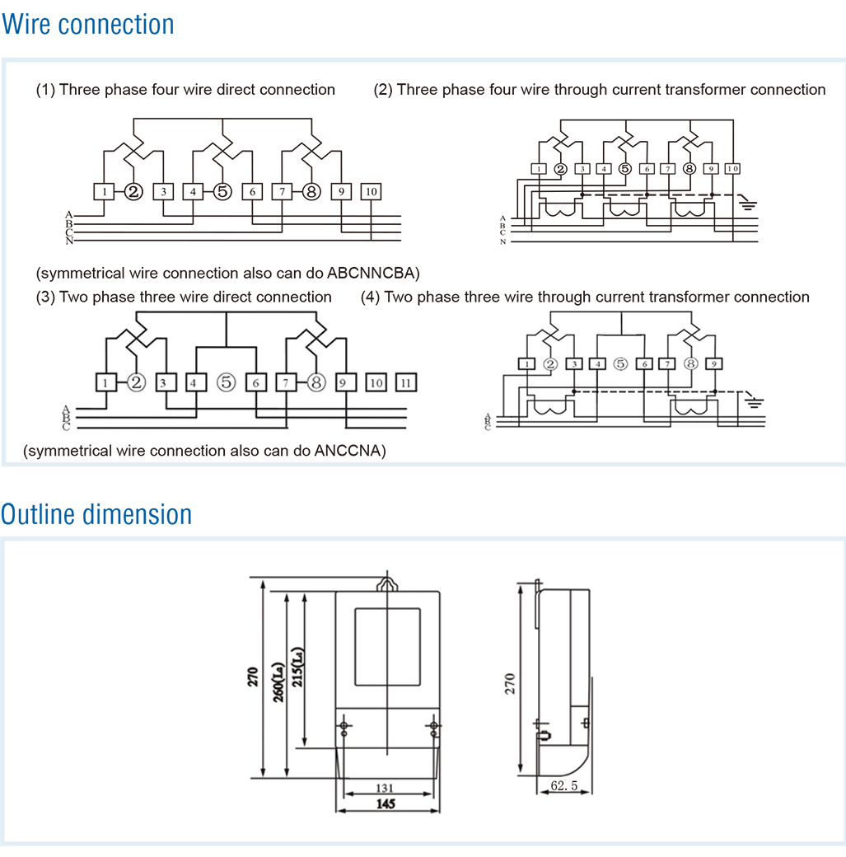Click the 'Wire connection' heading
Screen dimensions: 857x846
pos(88,25)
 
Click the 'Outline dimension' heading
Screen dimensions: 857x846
pos(96,514)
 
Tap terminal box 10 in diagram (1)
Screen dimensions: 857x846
pos(371,192)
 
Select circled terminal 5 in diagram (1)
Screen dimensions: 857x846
pos(222,192)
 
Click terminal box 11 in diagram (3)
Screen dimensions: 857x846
pos(405,382)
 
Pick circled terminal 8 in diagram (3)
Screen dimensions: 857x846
pos(315,382)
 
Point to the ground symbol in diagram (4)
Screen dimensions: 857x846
pos(754,403)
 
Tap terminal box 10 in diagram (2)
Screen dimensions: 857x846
pos(732,169)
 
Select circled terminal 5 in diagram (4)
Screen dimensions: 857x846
pos(620,363)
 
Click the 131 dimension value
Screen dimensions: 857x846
pos(384,788)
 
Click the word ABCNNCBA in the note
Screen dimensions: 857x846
pos(373,273)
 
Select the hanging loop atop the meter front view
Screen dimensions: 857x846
pos(387,583)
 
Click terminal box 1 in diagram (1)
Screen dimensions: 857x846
pos(104,192)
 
